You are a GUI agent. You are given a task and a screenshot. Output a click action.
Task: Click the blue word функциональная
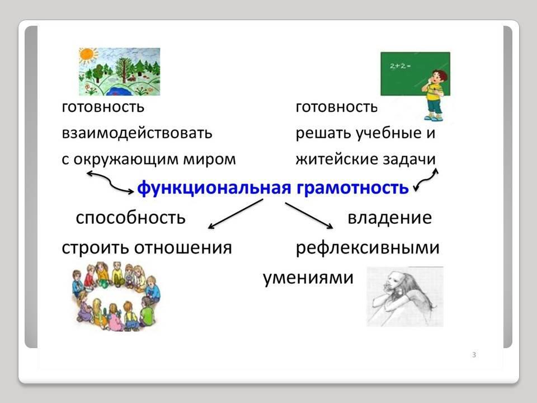pyautogui.click(x=214, y=188)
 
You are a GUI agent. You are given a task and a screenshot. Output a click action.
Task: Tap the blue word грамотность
pyautogui.click(x=352, y=188)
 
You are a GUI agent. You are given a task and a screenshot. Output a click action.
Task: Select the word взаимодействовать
pyautogui.click(x=137, y=133)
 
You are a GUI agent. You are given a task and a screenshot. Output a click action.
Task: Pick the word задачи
pyautogui.click(x=409, y=160)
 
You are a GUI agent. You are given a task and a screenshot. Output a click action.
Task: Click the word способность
pyautogui.click(x=130, y=218)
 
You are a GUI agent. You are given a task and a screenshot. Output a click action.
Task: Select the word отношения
pyautogui.click(x=183, y=248)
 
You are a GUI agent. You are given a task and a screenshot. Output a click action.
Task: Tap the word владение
pyautogui.click(x=390, y=218)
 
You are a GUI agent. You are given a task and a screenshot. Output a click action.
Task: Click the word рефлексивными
pyautogui.click(x=368, y=248)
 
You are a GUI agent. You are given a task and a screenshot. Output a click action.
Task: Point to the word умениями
pyautogui.click(x=308, y=278)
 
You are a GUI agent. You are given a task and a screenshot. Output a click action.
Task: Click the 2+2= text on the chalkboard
pyautogui.click(x=400, y=66)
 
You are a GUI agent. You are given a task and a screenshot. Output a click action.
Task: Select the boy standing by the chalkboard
pyautogui.click(x=434, y=95)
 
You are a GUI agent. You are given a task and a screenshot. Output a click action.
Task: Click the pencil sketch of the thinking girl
pyautogui.click(x=405, y=297)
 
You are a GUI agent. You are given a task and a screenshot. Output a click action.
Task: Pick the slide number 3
pyautogui.click(x=474, y=355)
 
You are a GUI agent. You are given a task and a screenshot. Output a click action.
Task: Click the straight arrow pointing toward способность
pyautogui.click(x=235, y=214)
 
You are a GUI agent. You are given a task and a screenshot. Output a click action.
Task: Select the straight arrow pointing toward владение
pyautogui.click(x=309, y=215)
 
